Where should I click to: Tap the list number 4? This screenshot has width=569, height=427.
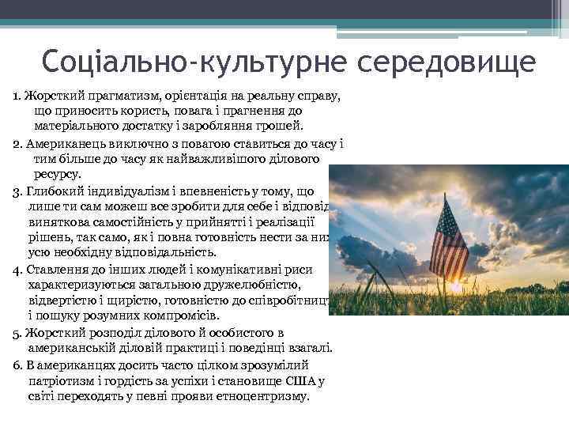click(17, 270)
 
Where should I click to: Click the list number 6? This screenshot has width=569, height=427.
click(17, 365)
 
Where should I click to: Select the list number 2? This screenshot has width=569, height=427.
click(17, 144)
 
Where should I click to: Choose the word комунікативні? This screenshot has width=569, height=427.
click(217, 270)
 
